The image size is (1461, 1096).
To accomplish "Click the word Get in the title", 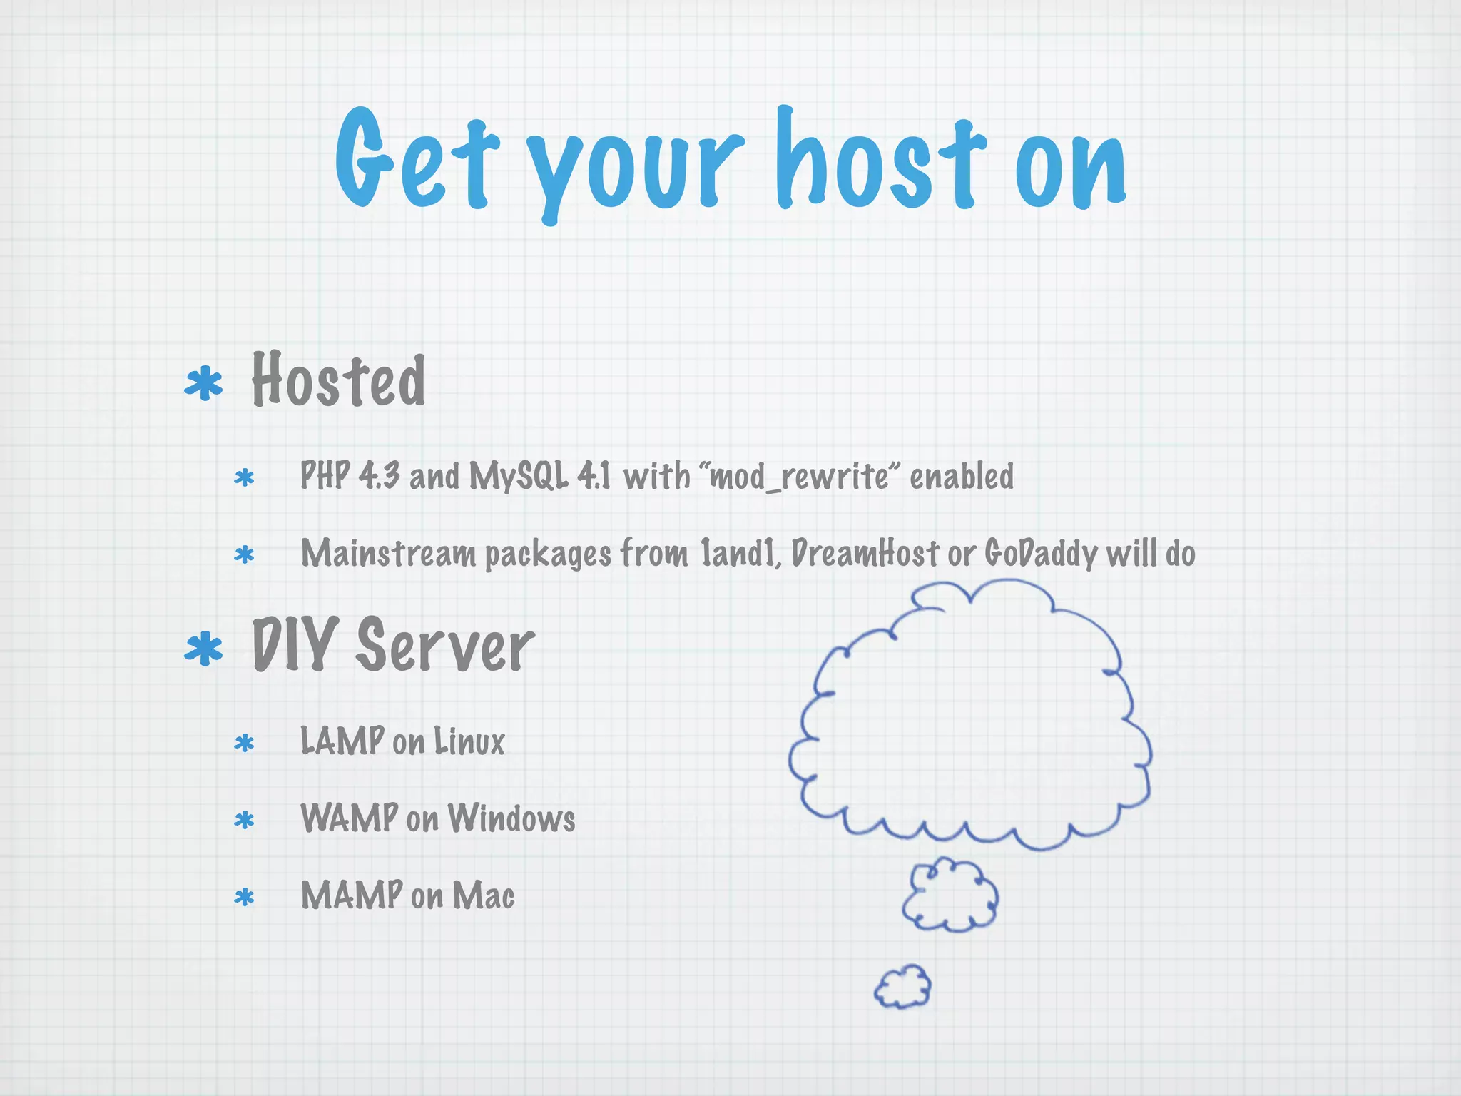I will pyautogui.click(x=414, y=161).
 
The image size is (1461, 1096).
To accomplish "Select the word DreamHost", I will pyautogui.click(x=865, y=553).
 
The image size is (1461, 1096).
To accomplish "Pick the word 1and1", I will pyautogui.click(x=739, y=553).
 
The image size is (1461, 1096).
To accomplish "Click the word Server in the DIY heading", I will pyautogui.click(x=445, y=646).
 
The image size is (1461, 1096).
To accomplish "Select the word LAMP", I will pyautogui.click(x=342, y=741).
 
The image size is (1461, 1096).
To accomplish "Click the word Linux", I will pyautogui.click(x=469, y=741).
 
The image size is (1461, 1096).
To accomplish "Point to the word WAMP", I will pyautogui.click(x=349, y=818).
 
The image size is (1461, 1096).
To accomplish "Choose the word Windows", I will pyautogui.click(x=511, y=818).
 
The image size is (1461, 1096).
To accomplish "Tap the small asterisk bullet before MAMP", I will pyautogui.click(x=244, y=897).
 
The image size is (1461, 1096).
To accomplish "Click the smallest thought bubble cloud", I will pyautogui.click(x=903, y=987).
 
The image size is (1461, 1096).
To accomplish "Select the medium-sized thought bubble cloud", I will pyautogui.click(x=950, y=895).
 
